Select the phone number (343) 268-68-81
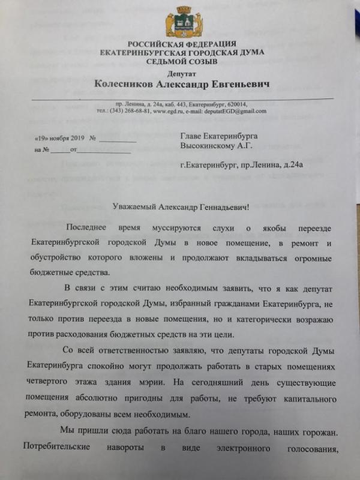[130, 111]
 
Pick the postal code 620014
[238, 104]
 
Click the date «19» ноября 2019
[59, 139]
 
